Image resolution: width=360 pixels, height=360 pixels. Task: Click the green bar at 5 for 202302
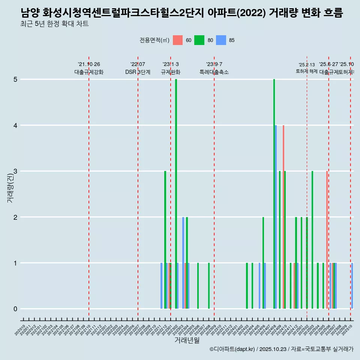176,194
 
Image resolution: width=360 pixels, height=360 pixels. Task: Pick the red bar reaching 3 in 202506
327,240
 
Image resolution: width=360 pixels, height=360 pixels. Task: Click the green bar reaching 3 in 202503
312,240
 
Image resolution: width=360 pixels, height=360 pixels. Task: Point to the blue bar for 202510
352,286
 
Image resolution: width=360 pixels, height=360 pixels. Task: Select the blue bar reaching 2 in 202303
183,262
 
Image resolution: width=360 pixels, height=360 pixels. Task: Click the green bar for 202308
209,286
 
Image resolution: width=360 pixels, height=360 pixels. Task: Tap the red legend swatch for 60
178,40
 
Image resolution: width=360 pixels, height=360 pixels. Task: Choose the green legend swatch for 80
199,40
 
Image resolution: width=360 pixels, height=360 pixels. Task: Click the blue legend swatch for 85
221,40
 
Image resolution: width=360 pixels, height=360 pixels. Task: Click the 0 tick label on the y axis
15,309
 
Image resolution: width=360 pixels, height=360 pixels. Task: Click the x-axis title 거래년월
187,340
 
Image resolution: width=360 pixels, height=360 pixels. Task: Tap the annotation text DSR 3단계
138,72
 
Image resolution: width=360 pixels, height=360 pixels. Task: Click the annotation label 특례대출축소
214,72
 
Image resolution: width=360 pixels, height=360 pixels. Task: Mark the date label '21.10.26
89,64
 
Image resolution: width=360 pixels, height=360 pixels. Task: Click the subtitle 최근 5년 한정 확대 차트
54,24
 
